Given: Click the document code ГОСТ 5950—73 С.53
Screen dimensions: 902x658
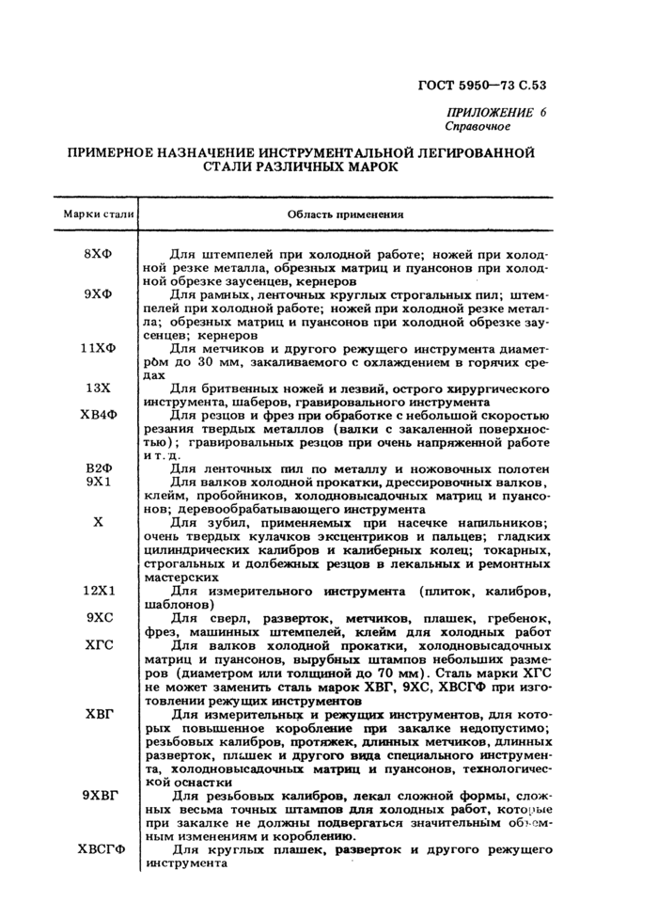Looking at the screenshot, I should pyautogui.click(x=482, y=86).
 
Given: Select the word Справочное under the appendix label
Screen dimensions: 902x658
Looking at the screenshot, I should pyautogui.click(x=477, y=126).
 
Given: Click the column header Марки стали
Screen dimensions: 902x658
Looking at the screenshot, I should pyautogui.click(x=99, y=214).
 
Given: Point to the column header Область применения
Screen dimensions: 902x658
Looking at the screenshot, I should pyautogui.click(x=345, y=214).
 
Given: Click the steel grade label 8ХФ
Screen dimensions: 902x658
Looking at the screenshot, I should pyautogui.click(x=99, y=254).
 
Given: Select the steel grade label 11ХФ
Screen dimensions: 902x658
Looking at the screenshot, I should pyautogui.click(x=99, y=347).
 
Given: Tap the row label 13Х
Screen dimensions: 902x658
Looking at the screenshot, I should pyautogui.click(x=99, y=388).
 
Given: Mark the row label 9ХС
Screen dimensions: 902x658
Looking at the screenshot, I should pyautogui.click(x=99, y=619).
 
